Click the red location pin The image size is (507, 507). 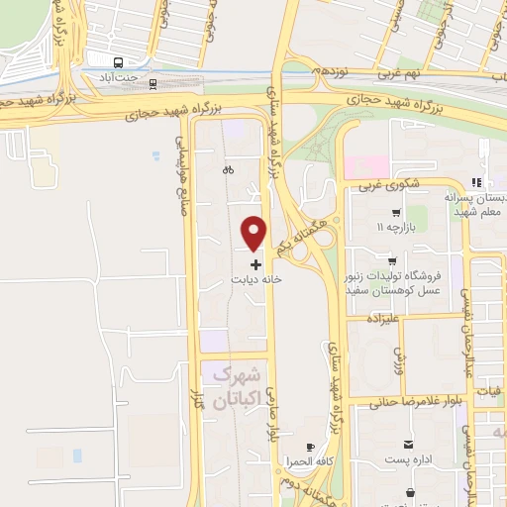[254, 233]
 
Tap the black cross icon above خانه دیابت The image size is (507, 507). [256, 264]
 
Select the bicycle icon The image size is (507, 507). [229, 169]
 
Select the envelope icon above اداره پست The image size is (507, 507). [407, 444]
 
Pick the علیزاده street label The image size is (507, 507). [380, 320]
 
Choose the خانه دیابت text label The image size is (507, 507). [256, 280]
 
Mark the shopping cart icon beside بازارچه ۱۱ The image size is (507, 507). [397, 213]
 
